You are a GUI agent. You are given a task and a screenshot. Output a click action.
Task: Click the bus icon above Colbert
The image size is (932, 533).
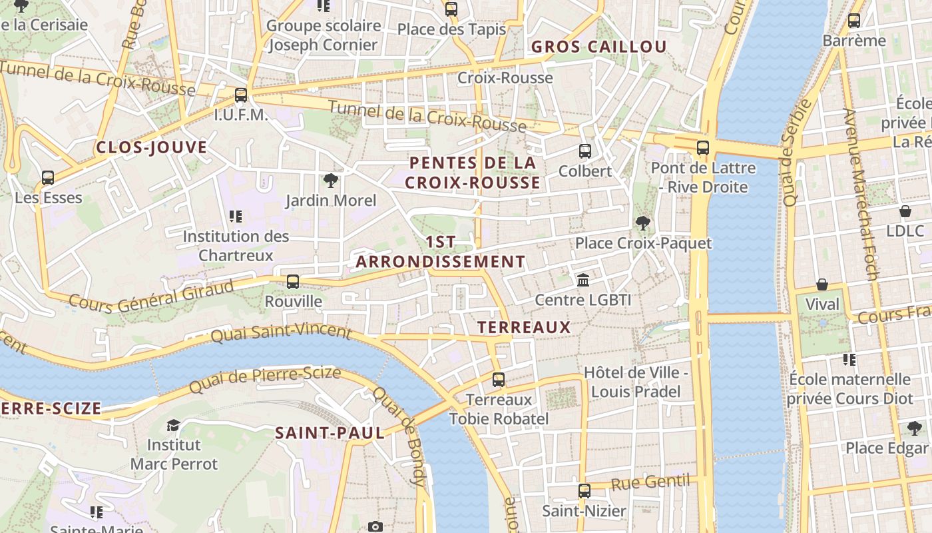click(x=584, y=151)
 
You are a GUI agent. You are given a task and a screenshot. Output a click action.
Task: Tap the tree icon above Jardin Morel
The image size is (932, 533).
click(x=330, y=180)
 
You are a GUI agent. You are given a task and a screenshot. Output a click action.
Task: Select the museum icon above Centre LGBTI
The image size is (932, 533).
click(x=583, y=280)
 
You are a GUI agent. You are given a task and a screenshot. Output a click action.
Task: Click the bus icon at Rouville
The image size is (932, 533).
click(x=293, y=281)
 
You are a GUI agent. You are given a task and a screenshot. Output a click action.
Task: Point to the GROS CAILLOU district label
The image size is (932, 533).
click(x=598, y=47)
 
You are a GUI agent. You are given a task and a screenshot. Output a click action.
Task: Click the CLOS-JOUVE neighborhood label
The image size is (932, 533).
click(x=152, y=148)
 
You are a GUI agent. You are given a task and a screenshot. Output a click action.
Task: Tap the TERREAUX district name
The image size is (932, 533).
click(x=524, y=327)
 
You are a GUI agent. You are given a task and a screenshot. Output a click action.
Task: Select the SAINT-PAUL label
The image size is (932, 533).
click(x=330, y=433)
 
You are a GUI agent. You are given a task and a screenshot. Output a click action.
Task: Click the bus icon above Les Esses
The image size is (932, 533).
click(x=48, y=178)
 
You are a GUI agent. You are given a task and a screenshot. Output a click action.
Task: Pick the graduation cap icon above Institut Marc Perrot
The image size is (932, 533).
click(x=173, y=425)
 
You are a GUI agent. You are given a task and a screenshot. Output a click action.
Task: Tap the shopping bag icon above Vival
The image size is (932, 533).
click(x=822, y=284)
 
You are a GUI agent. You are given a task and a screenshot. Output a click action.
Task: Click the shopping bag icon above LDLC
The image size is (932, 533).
click(x=905, y=211)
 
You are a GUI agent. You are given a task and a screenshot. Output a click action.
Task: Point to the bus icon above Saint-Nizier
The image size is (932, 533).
click(x=584, y=491)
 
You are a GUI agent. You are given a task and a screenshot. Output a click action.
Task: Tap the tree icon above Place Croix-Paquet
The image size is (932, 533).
click(x=642, y=223)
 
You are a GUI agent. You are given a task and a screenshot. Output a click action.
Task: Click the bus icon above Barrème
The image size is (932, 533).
click(x=854, y=21)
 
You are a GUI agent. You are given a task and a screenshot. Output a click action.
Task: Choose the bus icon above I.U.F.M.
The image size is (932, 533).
click(x=241, y=95)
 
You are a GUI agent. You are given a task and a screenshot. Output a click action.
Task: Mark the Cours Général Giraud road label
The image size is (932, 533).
click(x=152, y=296)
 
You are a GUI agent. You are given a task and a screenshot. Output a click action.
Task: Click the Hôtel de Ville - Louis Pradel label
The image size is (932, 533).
click(x=636, y=382)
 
